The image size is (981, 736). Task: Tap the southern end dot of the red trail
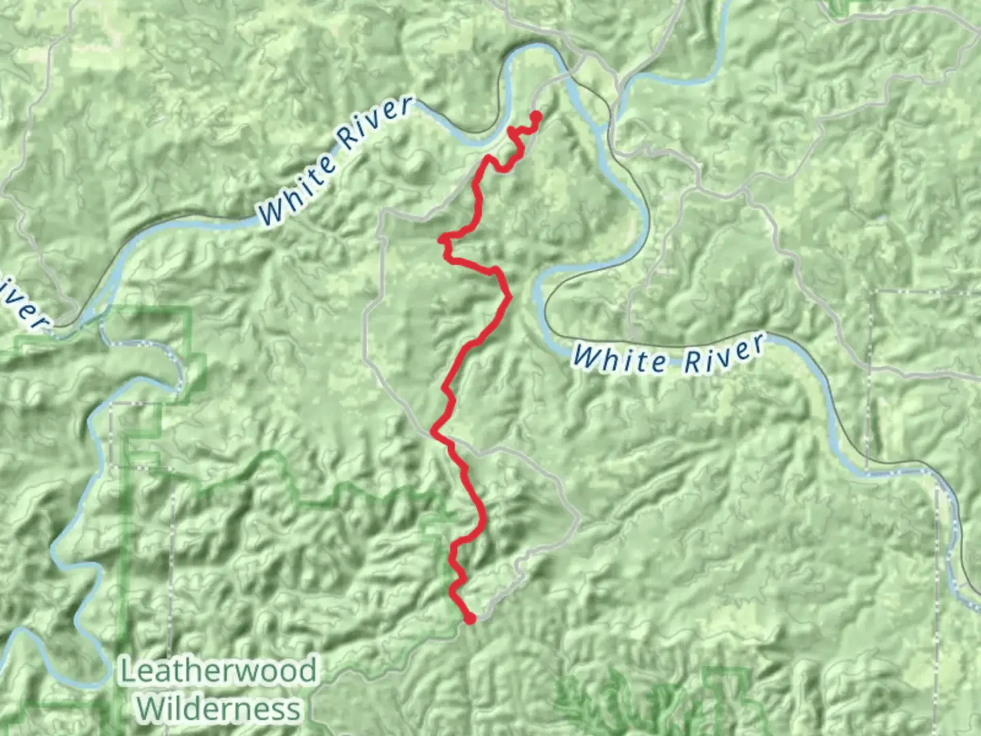[469, 618]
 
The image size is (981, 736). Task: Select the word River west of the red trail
[376, 123]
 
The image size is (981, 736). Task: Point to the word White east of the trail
[620, 358]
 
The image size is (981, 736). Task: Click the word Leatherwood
[218, 671]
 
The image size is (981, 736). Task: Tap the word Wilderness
[218, 709]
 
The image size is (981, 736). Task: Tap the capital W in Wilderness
[150, 709]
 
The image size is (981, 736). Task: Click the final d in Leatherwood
[308, 671]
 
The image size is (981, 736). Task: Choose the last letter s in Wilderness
[293, 710]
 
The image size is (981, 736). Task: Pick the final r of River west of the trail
[405, 106]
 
